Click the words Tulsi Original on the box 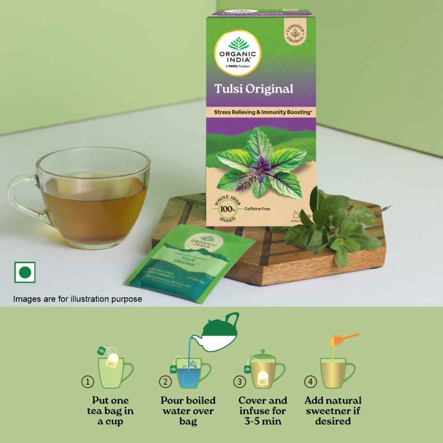254,89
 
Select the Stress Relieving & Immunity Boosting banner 261,113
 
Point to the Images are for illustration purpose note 77,299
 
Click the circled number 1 88,382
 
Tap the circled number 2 164,382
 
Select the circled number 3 240,382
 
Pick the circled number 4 310,382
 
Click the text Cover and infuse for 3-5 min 263,410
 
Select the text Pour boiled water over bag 188,410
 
